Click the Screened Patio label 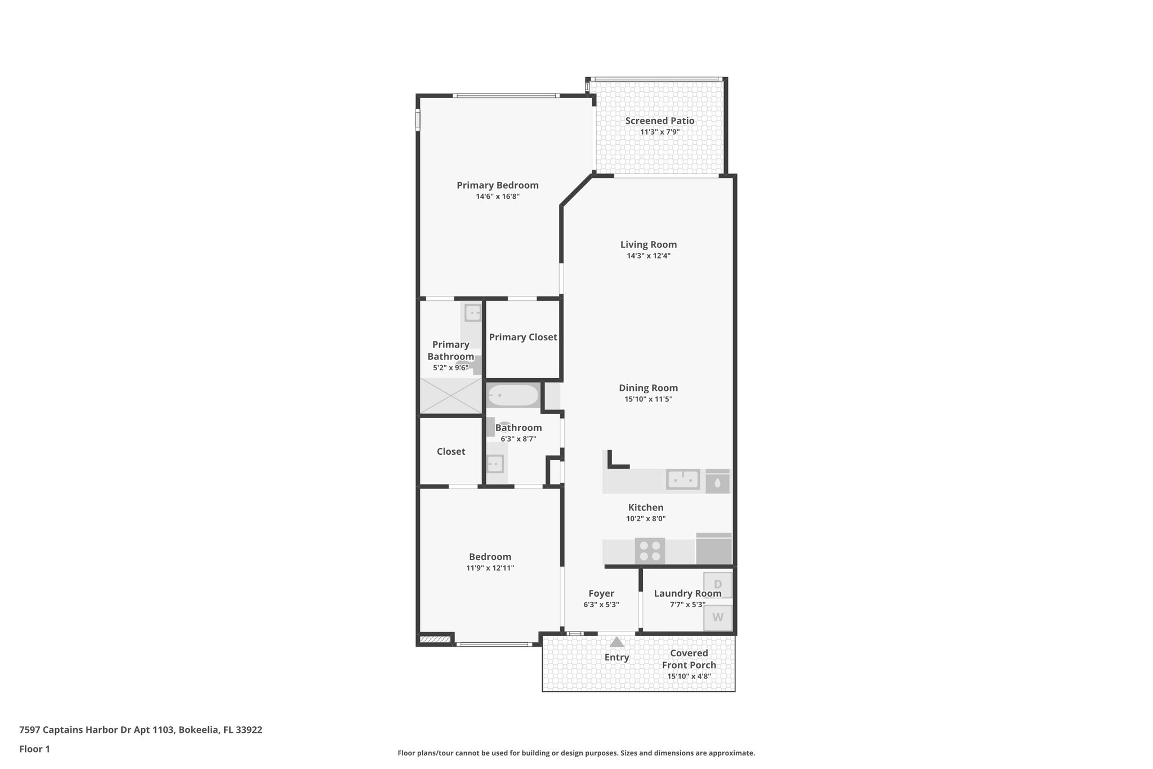[659, 121]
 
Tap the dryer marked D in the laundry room [718, 585]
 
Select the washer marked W [718, 617]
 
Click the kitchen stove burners [650, 550]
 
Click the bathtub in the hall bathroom [512, 395]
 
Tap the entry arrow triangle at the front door [617, 642]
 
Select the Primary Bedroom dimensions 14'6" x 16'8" [497, 197]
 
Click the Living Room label [649, 245]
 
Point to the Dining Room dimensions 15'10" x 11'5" [648, 399]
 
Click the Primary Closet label [523, 337]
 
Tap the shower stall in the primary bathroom [451, 395]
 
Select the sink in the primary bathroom [473, 313]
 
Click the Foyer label [601, 593]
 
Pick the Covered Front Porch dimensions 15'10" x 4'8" [689, 676]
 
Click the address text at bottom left [141, 730]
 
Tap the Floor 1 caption [34, 749]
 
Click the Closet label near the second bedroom [451, 451]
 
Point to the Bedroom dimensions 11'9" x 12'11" [490, 568]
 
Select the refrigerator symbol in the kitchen [714, 549]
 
